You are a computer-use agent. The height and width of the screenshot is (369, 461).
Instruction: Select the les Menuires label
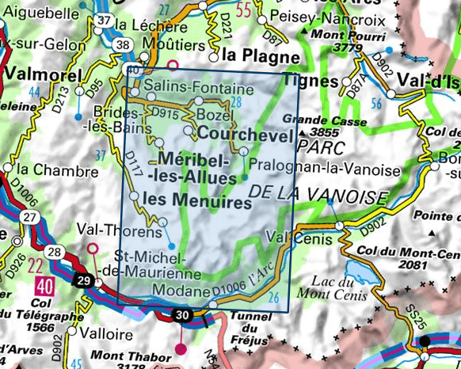point(200,202)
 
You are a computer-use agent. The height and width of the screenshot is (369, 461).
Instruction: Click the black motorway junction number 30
point(183,317)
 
